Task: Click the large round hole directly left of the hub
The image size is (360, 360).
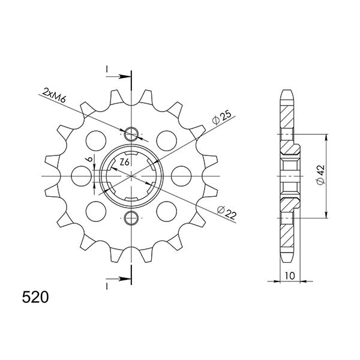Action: [80, 175]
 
